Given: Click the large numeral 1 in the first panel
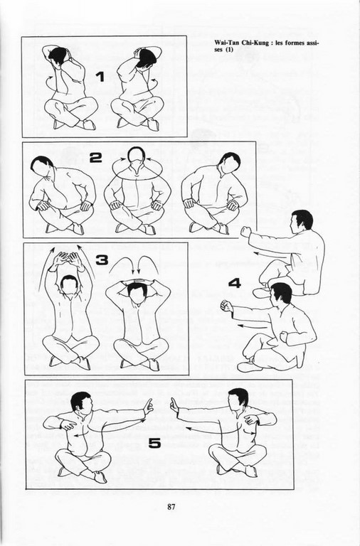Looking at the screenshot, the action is (x=100, y=77).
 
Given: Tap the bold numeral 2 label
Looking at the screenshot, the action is (x=96, y=158).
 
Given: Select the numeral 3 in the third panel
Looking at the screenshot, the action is (x=102, y=260).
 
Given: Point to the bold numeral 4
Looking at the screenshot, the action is (x=235, y=283).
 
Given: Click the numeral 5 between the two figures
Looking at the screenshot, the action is (x=154, y=444).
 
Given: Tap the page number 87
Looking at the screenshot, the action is (x=171, y=507).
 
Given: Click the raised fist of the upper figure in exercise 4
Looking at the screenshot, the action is (x=246, y=232).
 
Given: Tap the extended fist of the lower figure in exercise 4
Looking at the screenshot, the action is (x=226, y=306).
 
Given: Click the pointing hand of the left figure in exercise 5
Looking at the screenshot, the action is (x=148, y=406).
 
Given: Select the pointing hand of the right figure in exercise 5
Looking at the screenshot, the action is (x=174, y=406).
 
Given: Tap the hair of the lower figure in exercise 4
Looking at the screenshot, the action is (x=282, y=291).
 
